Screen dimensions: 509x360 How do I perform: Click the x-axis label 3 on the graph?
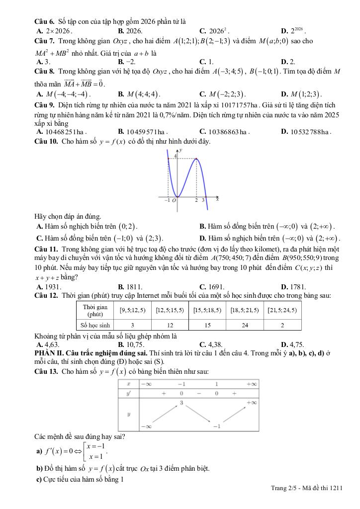click(203, 200)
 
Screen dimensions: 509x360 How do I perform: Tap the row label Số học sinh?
click(95, 325)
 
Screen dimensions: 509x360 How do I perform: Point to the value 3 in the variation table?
click(181, 402)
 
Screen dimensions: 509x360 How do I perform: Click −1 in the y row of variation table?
click(217, 426)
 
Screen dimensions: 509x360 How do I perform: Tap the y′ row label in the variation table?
click(129, 393)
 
